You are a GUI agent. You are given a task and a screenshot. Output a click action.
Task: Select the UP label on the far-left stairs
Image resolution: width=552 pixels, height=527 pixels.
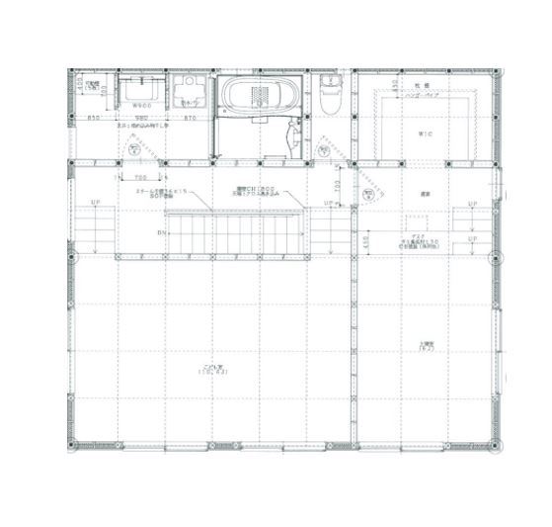[x=95, y=204]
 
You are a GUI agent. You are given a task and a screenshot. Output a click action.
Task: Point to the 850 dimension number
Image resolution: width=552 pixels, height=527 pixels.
[x=95, y=118]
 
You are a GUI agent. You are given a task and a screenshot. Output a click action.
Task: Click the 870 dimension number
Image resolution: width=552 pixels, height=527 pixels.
[x=190, y=118]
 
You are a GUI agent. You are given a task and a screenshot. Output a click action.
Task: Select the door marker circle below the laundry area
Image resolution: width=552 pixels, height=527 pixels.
[x=131, y=150]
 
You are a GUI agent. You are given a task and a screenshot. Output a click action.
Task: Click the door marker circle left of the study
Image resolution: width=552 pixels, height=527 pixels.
[x=365, y=194]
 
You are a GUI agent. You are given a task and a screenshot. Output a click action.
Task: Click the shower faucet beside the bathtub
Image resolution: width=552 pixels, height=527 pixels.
[x=292, y=134]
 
